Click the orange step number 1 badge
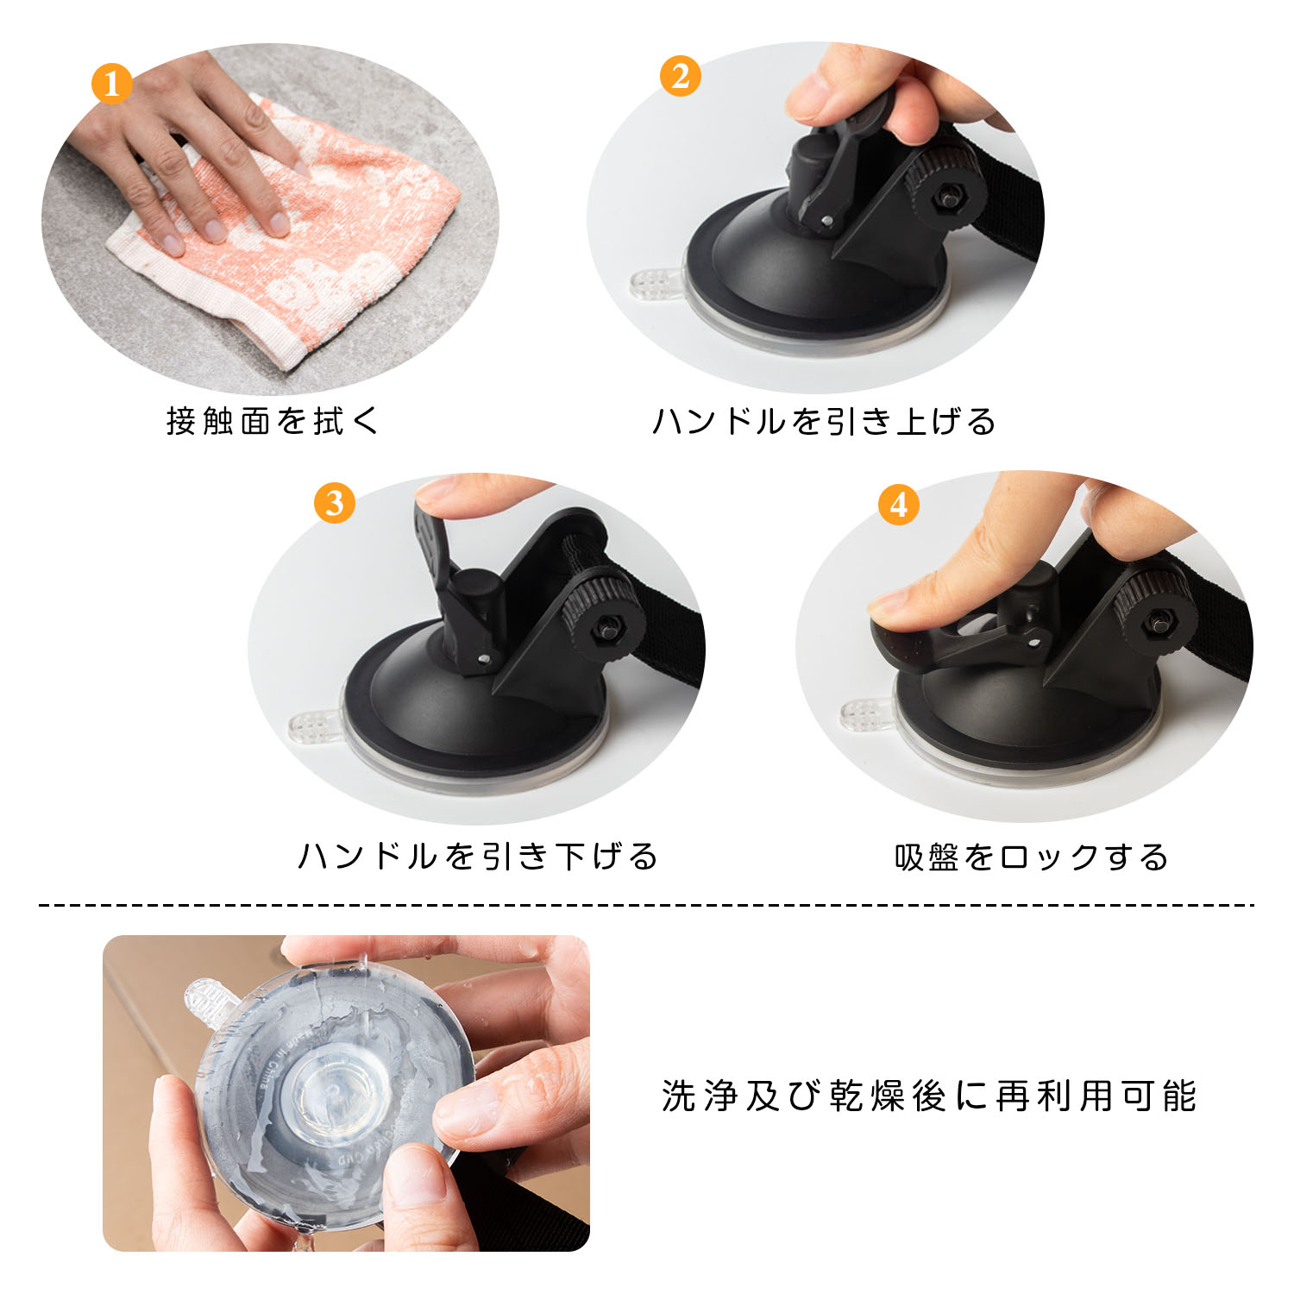coord(111,84)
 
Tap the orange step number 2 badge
coord(680,76)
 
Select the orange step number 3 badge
coord(335,503)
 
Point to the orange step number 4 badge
coord(898,505)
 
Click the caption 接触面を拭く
coord(273,421)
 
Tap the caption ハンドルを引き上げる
coord(824,421)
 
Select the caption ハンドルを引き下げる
coord(478,856)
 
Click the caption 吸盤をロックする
coord(1032,857)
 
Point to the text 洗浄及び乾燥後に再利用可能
coord(929,1096)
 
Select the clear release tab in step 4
coord(866,713)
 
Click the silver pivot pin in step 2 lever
coord(827,221)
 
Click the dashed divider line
coord(647,905)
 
